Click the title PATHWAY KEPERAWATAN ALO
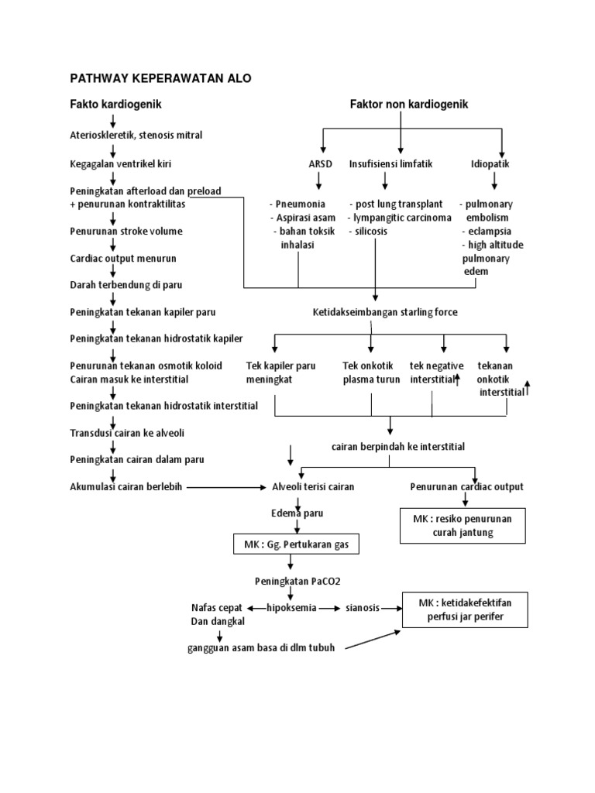(161, 78)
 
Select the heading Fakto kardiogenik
(115, 103)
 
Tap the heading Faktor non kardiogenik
(410, 103)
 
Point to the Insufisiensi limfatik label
(390, 164)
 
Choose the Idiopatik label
(490, 164)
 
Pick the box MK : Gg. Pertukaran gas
(297, 545)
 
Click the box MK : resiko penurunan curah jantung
(463, 525)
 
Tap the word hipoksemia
(291, 608)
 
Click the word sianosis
(363, 609)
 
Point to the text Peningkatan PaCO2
(292, 581)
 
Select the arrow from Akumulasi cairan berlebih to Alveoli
(225, 487)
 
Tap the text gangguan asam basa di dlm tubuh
(261, 648)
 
